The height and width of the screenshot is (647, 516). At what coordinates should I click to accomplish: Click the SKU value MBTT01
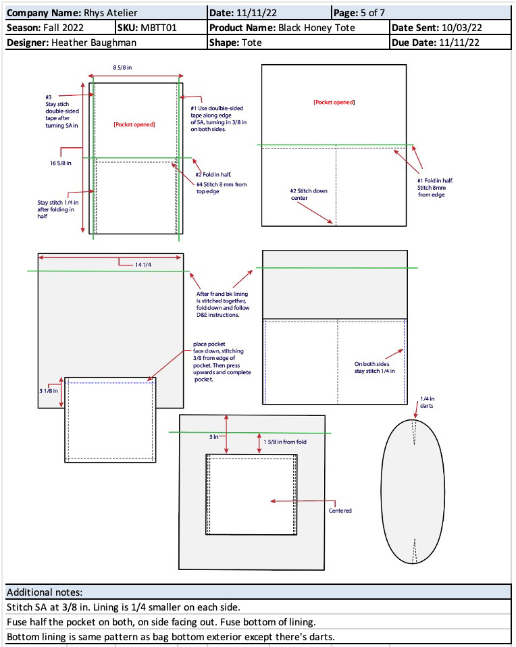click(159, 28)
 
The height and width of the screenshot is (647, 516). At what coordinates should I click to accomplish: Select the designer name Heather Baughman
click(94, 43)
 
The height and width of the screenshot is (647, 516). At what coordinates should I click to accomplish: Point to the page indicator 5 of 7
click(373, 13)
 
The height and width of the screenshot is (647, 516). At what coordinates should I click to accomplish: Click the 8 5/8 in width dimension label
click(123, 68)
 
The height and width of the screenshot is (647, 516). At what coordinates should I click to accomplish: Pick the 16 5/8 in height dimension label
click(61, 163)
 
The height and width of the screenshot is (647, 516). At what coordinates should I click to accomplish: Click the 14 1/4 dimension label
click(143, 265)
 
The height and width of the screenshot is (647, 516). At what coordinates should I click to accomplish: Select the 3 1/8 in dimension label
click(49, 391)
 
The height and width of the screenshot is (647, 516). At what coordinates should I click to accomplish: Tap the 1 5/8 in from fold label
click(285, 442)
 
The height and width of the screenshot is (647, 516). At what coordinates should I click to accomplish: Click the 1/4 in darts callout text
click(428, 403)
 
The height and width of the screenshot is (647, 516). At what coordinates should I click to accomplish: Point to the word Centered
click(340, 511)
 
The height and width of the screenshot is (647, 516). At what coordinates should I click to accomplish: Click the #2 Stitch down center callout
click(309, 195)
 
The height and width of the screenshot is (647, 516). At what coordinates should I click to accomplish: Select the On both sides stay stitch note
click(374, 367)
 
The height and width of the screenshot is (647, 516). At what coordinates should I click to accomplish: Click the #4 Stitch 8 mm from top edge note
click(222, 188)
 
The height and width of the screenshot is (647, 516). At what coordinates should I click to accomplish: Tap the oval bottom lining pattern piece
click(413, 492)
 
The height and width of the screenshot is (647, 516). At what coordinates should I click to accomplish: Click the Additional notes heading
click(45, 592)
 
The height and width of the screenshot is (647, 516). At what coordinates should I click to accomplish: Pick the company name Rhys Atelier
click(111, 13)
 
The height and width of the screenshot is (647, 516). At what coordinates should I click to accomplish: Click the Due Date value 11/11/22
click(459, 43)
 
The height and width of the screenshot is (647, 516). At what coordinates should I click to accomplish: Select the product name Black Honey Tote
click(317, 28)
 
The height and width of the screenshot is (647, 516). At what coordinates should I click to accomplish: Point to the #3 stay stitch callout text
click(62, 111)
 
